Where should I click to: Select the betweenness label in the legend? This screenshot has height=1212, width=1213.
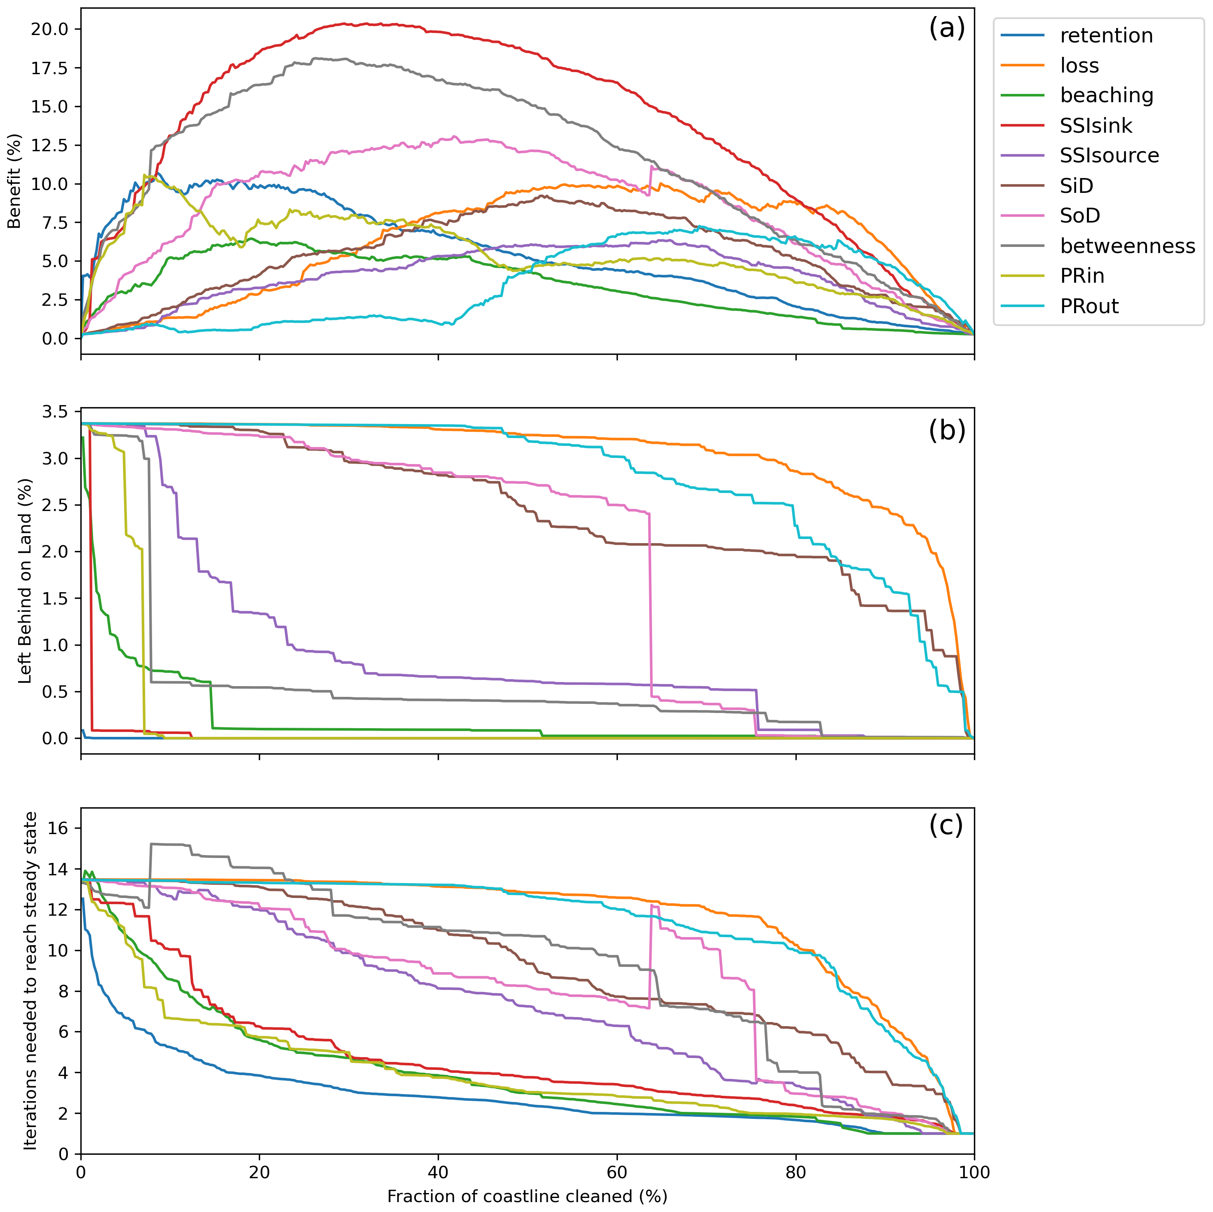(1127, 246)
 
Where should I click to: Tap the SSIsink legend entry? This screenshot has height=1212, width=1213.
(1096, 126)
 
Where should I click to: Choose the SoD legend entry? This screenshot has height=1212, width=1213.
(1080, 216)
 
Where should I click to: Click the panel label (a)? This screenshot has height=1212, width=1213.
(946, 28)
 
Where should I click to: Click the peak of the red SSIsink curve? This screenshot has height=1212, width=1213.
(346, 24)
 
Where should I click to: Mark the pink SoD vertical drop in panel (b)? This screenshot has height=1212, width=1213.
(650, 602)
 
